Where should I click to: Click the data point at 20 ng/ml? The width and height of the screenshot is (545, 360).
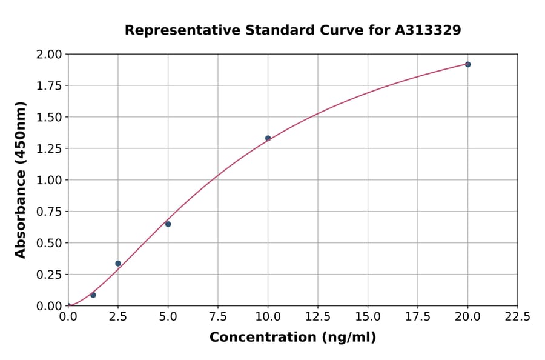tap(467, 64)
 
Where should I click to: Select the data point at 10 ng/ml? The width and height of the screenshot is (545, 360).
tap(268, 138)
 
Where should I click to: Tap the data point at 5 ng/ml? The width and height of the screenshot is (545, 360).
tap(168, 224)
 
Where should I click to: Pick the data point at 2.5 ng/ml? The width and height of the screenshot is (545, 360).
tap(118, 264)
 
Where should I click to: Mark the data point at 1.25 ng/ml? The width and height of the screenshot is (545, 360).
tap(93, 295)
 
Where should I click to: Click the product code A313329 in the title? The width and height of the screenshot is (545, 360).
tap(428, 30)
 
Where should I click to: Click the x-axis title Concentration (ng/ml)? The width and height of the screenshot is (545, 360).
tap(292, 338)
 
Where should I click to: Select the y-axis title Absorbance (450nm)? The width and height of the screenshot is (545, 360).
tap(21, 180)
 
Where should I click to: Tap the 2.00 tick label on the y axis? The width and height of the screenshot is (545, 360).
tap(50, 55)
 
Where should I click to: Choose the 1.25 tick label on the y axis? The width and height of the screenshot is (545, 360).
tap(50, 149)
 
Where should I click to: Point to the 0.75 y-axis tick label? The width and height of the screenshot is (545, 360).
tap(50, 212)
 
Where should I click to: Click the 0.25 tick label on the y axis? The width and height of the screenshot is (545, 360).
tap(50, 275)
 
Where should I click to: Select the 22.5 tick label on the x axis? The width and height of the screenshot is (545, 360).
tap(518, 317)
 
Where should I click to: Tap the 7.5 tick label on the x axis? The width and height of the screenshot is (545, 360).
tap(218, 317)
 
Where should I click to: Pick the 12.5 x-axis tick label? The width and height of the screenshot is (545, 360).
tap(318, 317)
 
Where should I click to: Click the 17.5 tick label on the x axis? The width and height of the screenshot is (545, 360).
tap(418, 317)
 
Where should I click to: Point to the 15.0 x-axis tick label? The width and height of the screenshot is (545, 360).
tap(368, 317)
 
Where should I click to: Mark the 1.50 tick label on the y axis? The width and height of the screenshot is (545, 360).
tap(50, 118)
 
